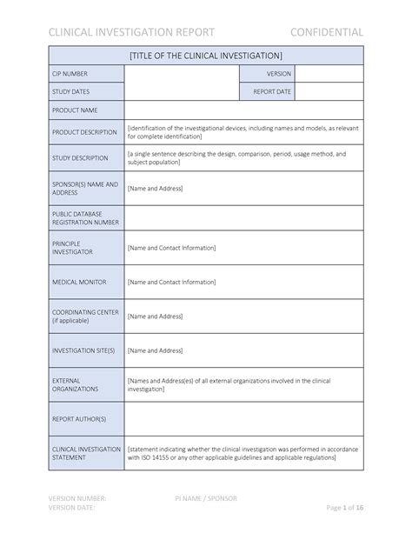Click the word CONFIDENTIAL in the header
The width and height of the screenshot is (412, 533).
327,32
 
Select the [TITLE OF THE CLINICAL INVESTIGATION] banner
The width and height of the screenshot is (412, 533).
206,56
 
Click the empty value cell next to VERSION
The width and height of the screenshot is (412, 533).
329,74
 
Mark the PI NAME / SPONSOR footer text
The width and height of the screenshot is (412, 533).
205,498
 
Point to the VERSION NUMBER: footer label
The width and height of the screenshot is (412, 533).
77,498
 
